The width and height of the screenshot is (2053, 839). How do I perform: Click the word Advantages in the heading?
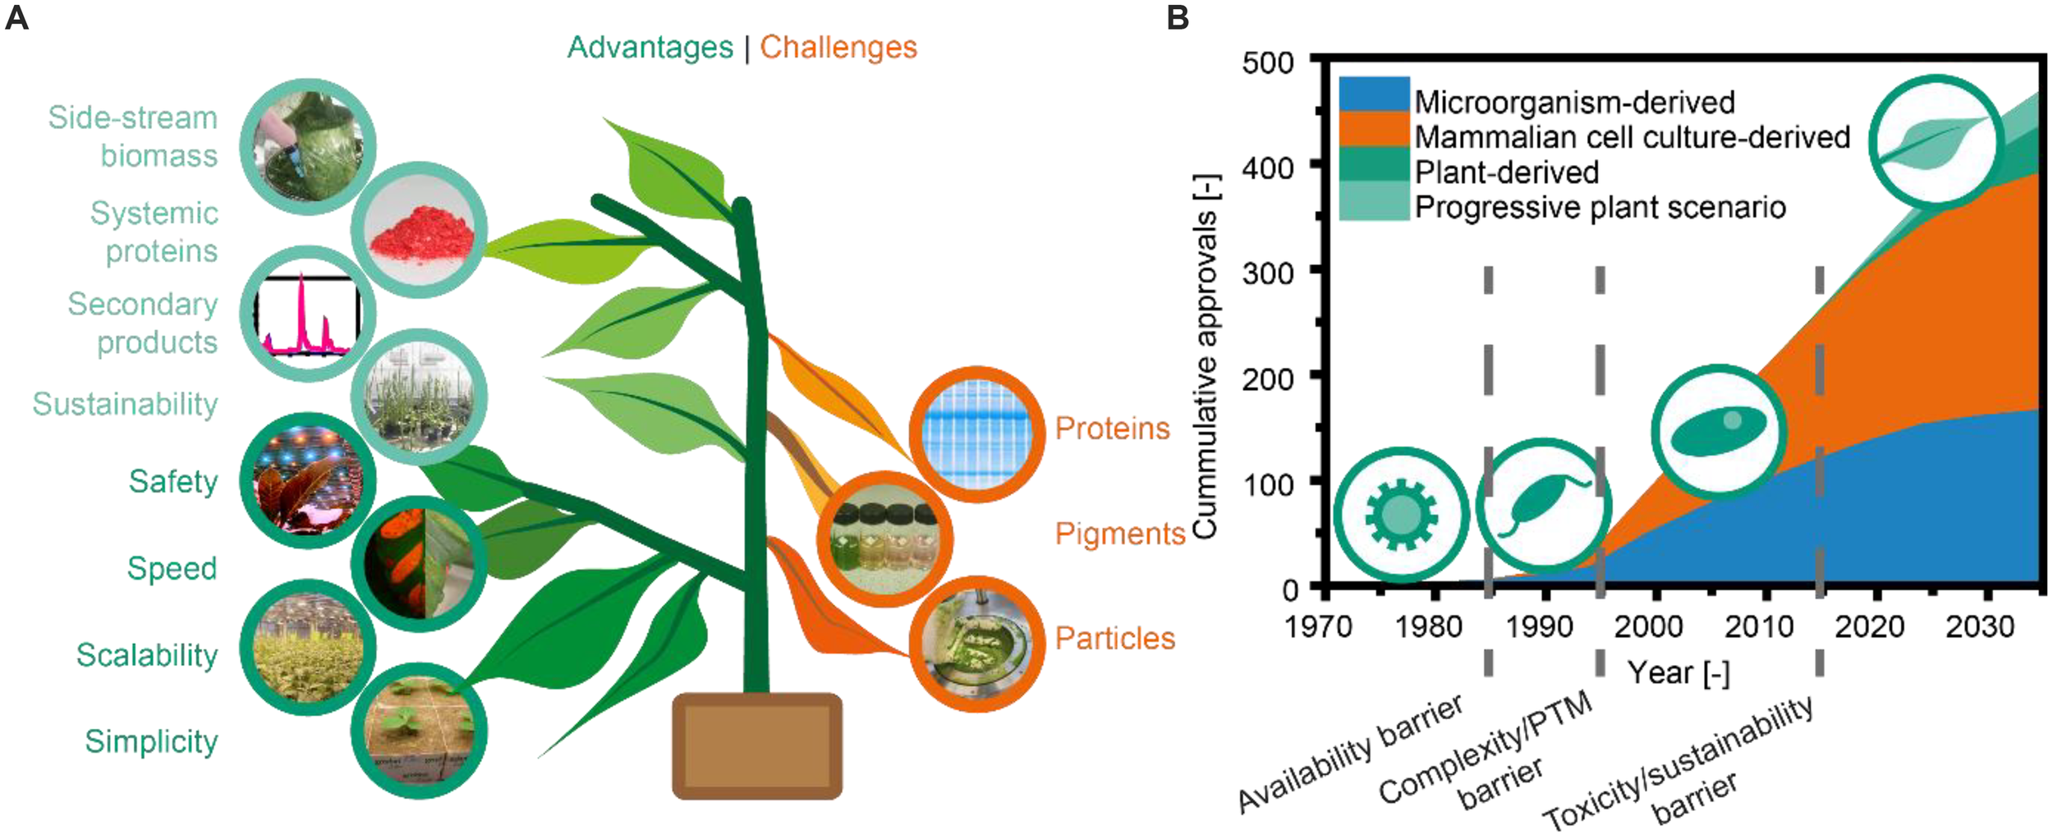(x=650, y=48)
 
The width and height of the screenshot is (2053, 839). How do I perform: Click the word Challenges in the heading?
(x=838, y=48)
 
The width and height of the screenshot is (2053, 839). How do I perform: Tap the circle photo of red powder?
(x=420, y=230)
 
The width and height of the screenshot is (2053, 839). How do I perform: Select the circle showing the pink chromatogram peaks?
(x=308, y=314)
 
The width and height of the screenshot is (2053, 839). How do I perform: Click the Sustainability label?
(x=125, y=404)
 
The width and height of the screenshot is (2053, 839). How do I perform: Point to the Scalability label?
(x=147, y=655)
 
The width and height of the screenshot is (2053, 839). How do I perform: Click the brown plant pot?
(x=756, y=745)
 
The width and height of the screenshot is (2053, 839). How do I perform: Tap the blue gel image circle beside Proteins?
(x=976, y=433)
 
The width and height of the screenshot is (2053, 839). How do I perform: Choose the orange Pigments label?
(x=1119, y=534)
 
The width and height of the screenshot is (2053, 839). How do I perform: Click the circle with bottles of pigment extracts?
(x=884, y=539)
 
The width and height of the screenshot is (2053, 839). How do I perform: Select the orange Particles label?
(x=1114, y=639)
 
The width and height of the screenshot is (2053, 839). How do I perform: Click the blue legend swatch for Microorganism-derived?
(x=1373, y=94)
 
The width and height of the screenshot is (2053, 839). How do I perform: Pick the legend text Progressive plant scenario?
(x=1600, y=208)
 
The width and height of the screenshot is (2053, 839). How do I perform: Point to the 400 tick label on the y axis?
(x=1267, y=168)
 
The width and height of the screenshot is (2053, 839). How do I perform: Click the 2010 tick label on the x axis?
(x=1758, y=627)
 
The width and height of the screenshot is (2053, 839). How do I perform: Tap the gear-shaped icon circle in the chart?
(x=1401, y=515)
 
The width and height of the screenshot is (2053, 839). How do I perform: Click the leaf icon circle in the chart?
(x=1936, y=141)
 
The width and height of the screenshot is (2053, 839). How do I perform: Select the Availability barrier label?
(x=1350, y=754)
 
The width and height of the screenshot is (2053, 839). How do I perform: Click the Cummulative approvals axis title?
(x=1205, y=356)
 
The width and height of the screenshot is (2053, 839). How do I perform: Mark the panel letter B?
(x=1178, y=17)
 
